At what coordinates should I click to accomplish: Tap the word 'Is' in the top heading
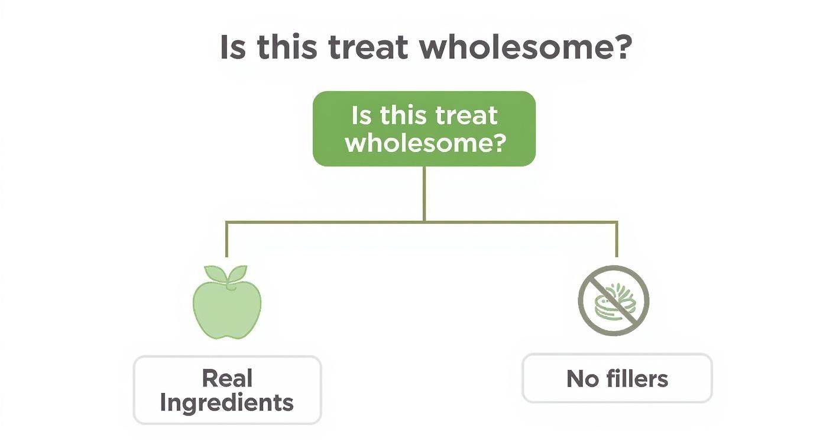[232, 47]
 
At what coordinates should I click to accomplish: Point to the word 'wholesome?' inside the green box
[425, 142]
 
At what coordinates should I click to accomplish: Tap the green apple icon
[227, 308]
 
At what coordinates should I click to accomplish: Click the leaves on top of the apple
[227, 274]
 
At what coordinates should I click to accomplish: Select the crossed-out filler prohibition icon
[614, 300]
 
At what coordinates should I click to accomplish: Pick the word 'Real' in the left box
[227, 378]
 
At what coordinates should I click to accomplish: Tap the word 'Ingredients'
[227, 403]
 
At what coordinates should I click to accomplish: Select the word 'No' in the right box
[581, 379]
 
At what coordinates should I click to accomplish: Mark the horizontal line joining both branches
[325, 222]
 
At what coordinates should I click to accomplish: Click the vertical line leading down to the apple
[226, 240]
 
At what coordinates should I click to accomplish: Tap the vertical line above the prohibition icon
[617, 240]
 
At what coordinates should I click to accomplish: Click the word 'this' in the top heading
[288, 47]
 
